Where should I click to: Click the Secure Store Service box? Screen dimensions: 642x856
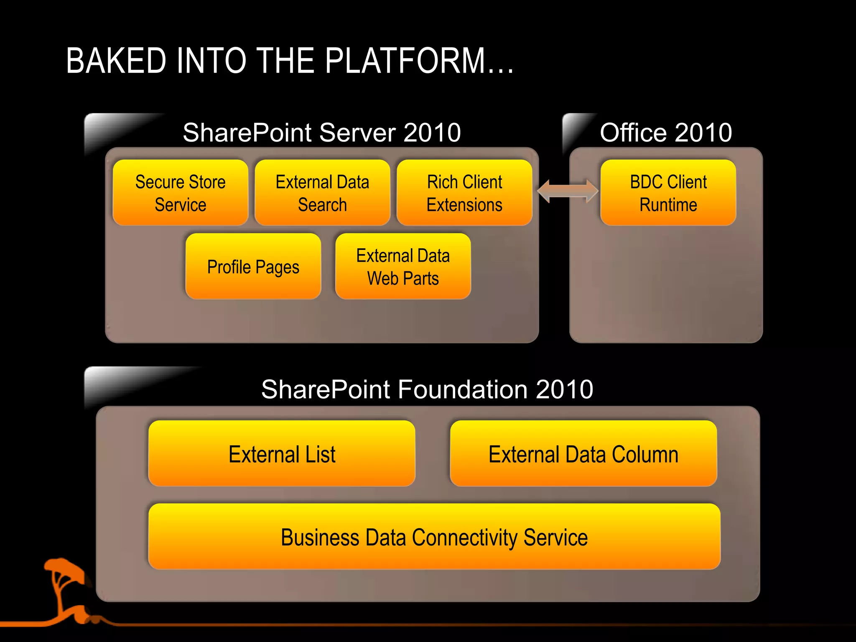tap(181, 193)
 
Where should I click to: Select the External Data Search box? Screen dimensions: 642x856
tap(322, 193)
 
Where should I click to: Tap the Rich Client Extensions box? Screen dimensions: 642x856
tap(464, 193)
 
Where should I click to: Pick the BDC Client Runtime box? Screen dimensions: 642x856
tap(668, 193)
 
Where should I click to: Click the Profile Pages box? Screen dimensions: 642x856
tap(253, 267)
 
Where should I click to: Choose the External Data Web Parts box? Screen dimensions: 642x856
tap(403, 267)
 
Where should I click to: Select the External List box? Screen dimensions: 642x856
tap(282, 454)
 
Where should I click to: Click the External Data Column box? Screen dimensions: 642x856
tap(583, 454)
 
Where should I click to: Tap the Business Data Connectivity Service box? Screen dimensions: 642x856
tap(434, 537)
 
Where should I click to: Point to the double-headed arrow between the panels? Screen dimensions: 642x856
tap(568, 191)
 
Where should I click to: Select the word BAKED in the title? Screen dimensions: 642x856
tap(116, 61)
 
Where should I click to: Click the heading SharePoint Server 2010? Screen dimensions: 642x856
tap(322, 132)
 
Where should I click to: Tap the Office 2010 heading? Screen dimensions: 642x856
tap(666, 132)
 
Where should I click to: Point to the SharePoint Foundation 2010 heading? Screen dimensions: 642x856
tap(427, 390)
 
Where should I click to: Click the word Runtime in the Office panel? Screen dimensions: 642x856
tap(668, 205)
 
